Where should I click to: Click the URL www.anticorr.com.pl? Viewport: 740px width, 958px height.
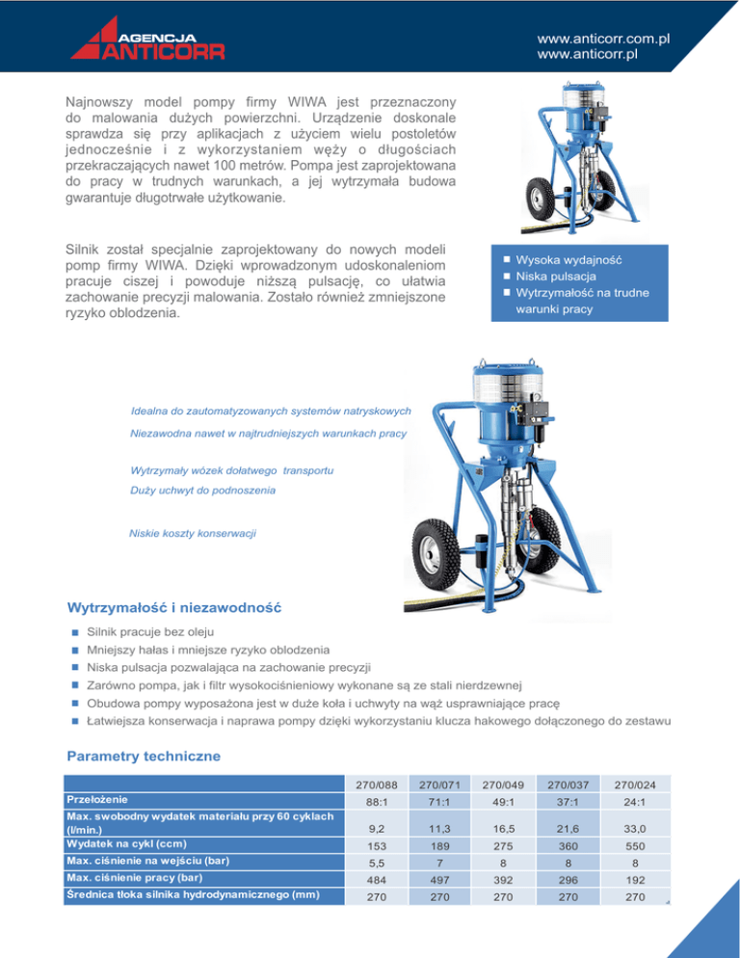(603, 39)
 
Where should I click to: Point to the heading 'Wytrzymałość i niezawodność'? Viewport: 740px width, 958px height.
(173, 608)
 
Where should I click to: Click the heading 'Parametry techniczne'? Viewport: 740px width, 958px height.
(144, 757)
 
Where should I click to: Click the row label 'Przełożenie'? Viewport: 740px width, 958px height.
(99, 800)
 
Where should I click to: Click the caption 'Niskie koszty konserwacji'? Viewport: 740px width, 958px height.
(193, 533)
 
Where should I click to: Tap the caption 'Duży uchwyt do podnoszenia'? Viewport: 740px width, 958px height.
(202, 491)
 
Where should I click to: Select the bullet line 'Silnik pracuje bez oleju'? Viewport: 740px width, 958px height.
(153, 632)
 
